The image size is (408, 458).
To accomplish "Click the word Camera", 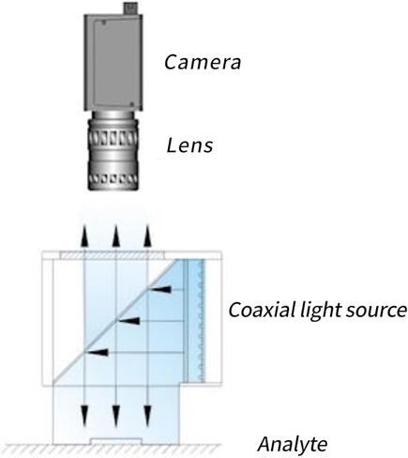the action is [x=203, y=62].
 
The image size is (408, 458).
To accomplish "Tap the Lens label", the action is [x=189, y=145].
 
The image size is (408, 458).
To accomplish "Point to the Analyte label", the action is [x=293, y=444].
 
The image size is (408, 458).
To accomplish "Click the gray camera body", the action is [x=113, y=62].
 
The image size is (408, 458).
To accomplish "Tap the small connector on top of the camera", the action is [x=130, y=8].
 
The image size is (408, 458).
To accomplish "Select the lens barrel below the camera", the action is [x=113, y=151].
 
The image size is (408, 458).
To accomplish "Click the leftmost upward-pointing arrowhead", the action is [x=84, y=237].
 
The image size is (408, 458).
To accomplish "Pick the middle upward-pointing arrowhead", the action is [x=116, y=237].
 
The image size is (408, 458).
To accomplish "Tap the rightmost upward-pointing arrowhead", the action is [x=147, y=237].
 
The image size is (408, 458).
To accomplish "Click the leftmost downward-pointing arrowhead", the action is [x=84, y=416].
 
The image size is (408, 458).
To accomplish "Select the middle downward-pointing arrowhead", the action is [x=116, y=416].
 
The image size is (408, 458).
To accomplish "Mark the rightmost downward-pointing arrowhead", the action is [x=147, y=416].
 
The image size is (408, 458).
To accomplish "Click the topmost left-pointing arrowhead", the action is [x=160, y=289].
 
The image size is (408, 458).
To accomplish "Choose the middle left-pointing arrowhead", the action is [x=128, y=321].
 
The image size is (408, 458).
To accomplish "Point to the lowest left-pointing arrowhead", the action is [x=98, y=353].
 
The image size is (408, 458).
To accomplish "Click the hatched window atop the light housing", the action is [x=112, y=255].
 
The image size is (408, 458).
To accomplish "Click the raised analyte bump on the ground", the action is [x=116, y=441].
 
